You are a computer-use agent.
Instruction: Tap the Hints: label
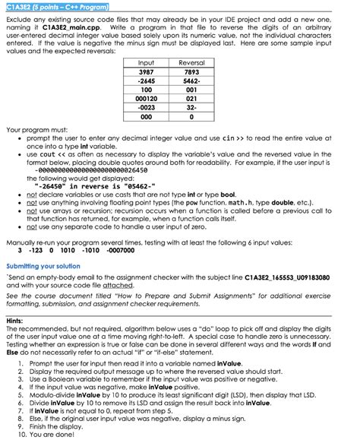[x=14, y=321]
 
